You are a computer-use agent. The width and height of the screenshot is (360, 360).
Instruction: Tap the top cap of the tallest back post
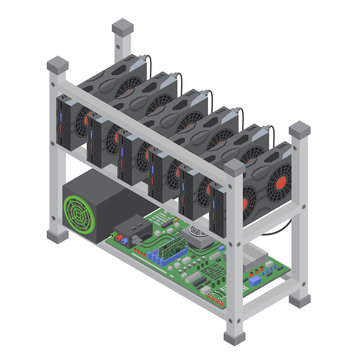click(x=122, y=26)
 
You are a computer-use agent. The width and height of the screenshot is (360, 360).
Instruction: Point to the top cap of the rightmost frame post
click(x=299, y=130)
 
